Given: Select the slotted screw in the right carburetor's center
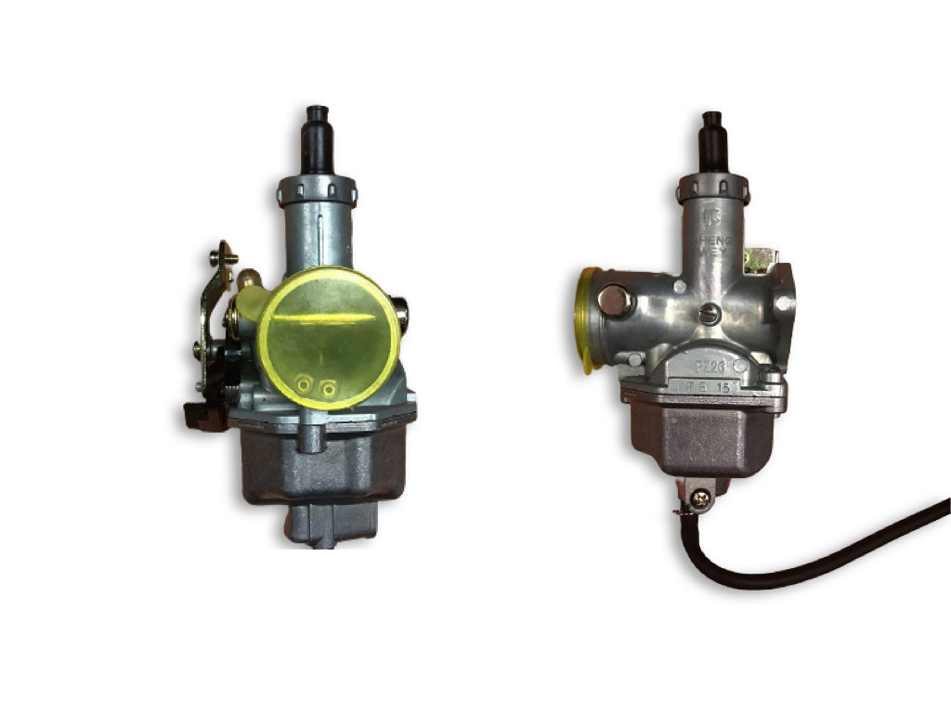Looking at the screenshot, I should click(x=711, y=313).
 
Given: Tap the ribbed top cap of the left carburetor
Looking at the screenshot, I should click(x=317, y=191).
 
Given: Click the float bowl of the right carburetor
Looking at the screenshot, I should click(x=702, y=436).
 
